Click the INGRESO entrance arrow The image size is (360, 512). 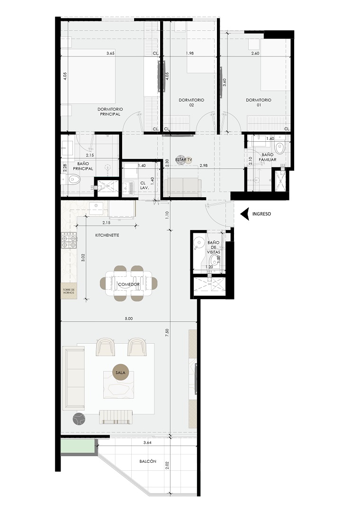tap(245, 214)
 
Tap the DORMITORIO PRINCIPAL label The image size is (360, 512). tap(110, 112)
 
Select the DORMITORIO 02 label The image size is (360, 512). tap(191, 102)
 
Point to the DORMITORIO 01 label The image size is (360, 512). tap(259, 102)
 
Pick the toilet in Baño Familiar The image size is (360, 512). tap(280, 148)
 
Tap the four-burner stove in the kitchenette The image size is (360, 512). tap(69, 241)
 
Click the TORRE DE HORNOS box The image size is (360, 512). tap(69, 291)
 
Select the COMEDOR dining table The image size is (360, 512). tap(129, 283)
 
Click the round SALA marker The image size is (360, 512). tap(122, 373)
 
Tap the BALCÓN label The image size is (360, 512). tap(148, 461)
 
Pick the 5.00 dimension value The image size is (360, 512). tap(129, 319)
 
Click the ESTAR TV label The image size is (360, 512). tap(183, 160)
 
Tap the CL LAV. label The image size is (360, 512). tap(143, 186)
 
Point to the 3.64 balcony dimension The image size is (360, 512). tap(147, 443)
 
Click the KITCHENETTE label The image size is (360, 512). tap(107, 235)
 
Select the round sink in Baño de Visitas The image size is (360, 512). tap(198, 242)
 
